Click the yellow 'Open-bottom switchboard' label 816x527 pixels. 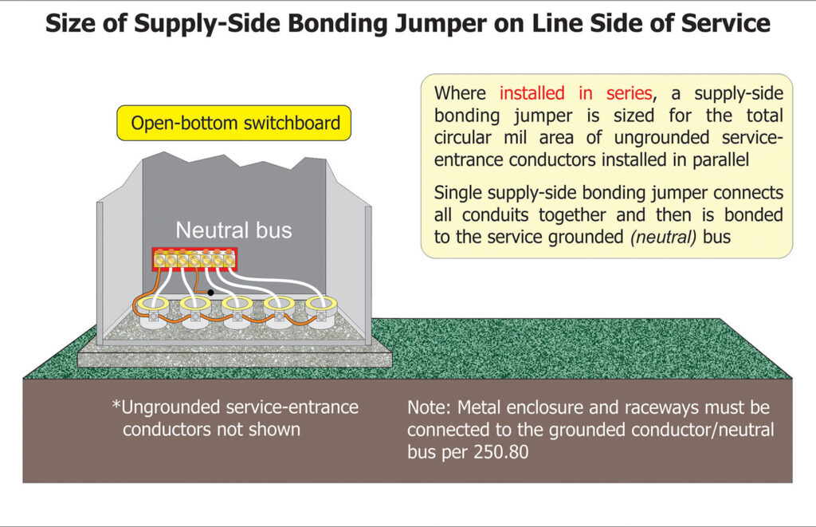(235, 124)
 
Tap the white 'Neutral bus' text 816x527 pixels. (233, 231)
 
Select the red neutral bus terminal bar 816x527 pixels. (195, 260)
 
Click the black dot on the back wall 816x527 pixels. (210, 293)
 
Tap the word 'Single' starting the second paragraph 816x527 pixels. (459, 193)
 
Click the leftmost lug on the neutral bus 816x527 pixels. (159, 260)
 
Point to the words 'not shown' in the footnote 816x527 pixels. (265, 429)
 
